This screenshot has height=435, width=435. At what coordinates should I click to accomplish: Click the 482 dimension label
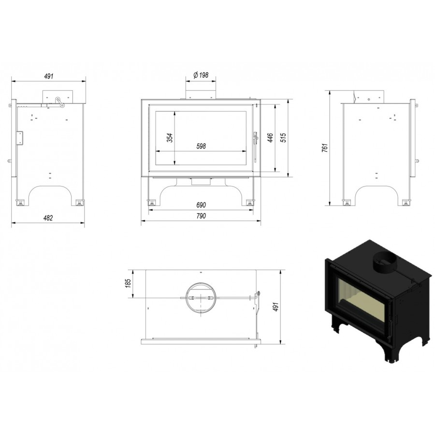pos(48,218)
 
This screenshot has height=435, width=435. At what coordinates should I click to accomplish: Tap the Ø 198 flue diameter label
pos(201,75)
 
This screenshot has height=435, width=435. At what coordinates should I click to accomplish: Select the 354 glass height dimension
pos(170,138)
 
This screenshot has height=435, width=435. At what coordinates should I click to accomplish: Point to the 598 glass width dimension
pos(201,146)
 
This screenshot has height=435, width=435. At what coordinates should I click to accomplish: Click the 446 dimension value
pos(270,138)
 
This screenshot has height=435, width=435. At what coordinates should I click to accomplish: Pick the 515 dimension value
pos(283,138)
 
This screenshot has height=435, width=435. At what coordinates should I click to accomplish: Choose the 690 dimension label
pos(201,205)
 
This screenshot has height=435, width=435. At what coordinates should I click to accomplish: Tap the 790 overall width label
pos(201,216)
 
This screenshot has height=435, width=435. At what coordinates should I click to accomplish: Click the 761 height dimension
pos(325,147)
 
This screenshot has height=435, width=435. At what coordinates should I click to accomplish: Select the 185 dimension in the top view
pos(128,283)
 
